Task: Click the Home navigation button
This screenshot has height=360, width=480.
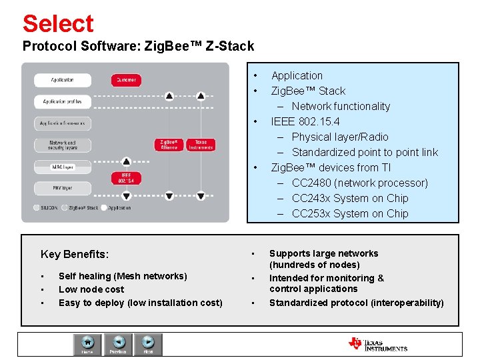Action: (87, 344)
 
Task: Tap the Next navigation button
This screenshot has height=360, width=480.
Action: (148, 344)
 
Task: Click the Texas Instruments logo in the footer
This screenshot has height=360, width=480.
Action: (377, 344)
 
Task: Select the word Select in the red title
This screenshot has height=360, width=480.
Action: (58, 24)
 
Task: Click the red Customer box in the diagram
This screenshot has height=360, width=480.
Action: (126, 80)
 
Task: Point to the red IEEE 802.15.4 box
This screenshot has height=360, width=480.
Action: (126, 178)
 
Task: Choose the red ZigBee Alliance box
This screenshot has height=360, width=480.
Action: (169, 145)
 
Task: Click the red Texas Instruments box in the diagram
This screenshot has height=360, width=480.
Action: (201, 145)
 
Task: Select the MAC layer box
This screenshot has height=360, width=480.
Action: (63, 167)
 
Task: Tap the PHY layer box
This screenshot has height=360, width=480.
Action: (63, 188)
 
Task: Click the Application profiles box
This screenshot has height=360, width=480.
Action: (63, 102)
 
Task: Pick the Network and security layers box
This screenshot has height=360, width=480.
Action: (63, 145)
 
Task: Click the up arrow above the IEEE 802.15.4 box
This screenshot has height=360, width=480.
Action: (126, 161)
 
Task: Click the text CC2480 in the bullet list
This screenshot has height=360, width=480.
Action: (313, 183)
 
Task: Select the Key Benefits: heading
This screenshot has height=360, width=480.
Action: (75, 254)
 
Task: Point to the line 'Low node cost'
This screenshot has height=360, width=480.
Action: (91, 289)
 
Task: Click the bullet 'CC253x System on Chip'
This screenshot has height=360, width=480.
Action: (350, 213)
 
